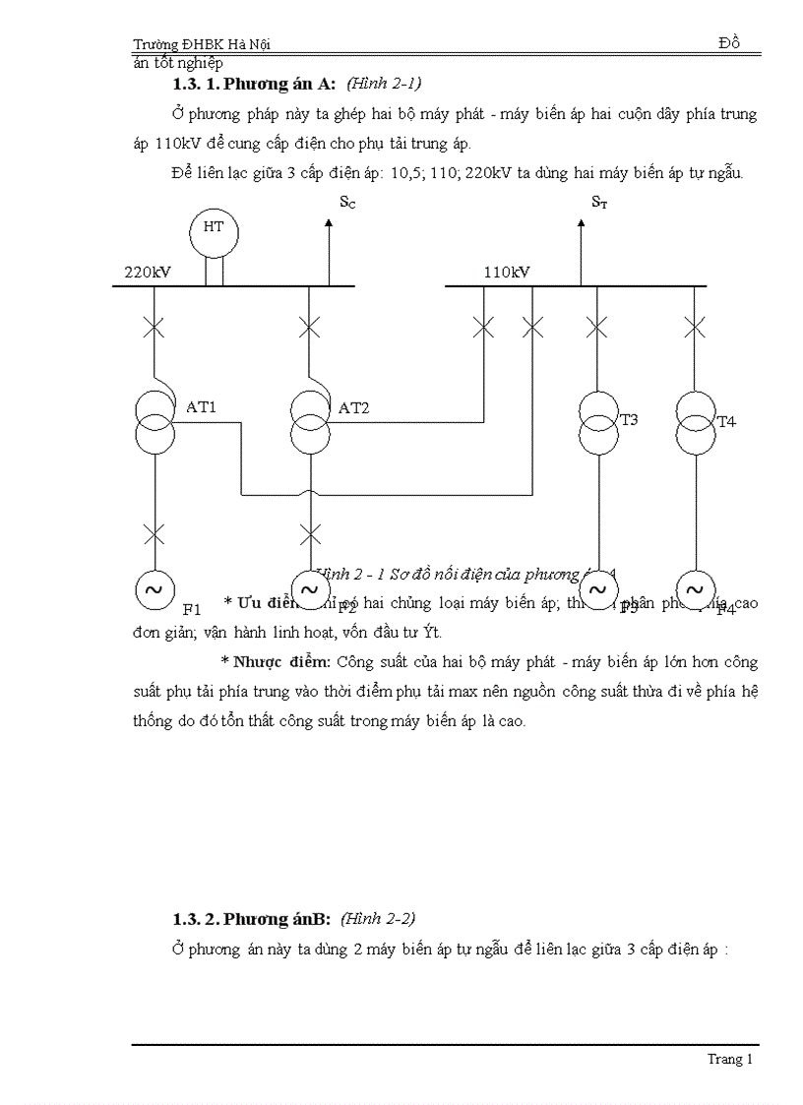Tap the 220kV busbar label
point(148,272)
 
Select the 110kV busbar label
point(507,272)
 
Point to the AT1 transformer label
point(201,406)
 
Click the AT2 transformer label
point(353,407)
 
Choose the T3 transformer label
point(629,420)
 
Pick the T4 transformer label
point(726,422)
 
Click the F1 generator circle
point(154,589)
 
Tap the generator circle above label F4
point(695,589)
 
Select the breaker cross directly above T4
point(695,327)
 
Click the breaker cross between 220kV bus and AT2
point(310,327)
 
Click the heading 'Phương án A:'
point(279,84)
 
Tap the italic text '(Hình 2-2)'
point(378,918)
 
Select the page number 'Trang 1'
point(729,1060)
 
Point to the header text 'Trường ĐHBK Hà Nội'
point(202,44)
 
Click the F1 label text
point(192,608)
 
